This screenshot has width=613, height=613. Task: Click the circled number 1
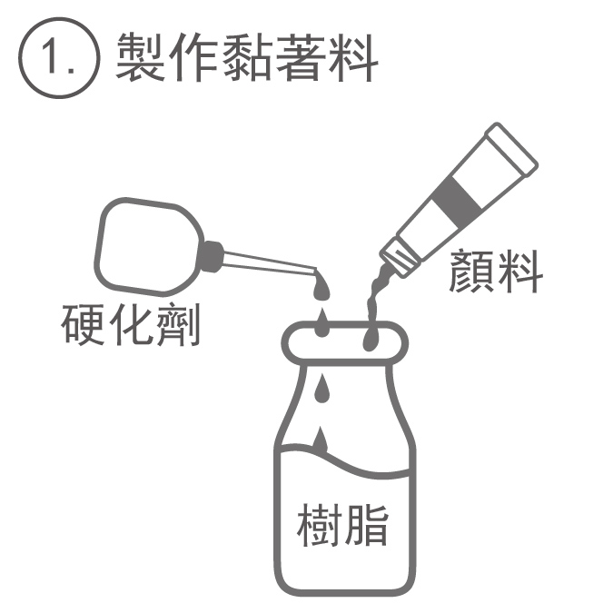[59, 58]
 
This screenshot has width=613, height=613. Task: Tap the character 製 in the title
[140, 57]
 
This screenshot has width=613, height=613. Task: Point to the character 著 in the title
[301, 57]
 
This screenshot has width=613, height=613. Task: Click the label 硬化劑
[131, 325]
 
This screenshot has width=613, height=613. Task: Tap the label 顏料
[496, 272]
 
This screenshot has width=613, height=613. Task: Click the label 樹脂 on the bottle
[343, 525]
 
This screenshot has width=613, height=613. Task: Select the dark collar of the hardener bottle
[211, 257]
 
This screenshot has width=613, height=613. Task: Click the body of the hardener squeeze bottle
[148, 245]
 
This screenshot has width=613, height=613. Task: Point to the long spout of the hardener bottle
[270, 262]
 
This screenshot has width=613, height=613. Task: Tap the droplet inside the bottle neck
[322, 390]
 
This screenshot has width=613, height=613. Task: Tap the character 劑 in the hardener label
[178, 325]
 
